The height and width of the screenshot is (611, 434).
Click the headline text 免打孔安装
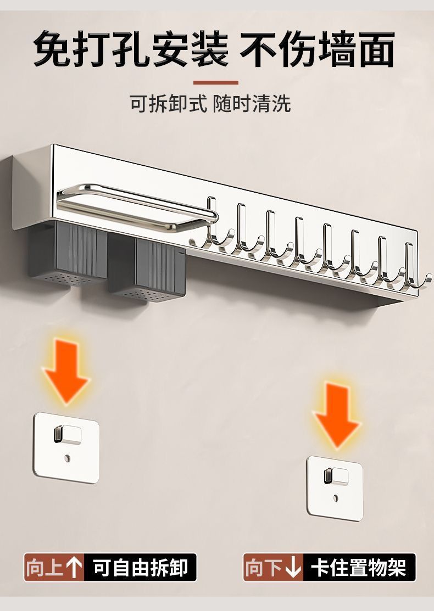(131, 49)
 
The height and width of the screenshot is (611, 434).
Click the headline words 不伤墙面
(318, 49)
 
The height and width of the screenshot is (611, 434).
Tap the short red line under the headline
(216, 83)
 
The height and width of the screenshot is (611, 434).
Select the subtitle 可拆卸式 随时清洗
(210, 103)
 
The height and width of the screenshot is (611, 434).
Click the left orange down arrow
(66, 371)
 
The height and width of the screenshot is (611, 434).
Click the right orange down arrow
(336, 413)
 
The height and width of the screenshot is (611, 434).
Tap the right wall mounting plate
(335, 486)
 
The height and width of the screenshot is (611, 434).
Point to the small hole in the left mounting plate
(67, 457)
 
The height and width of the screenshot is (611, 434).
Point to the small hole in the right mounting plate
(335, 498)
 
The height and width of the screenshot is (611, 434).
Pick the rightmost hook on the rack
(413, 269)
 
